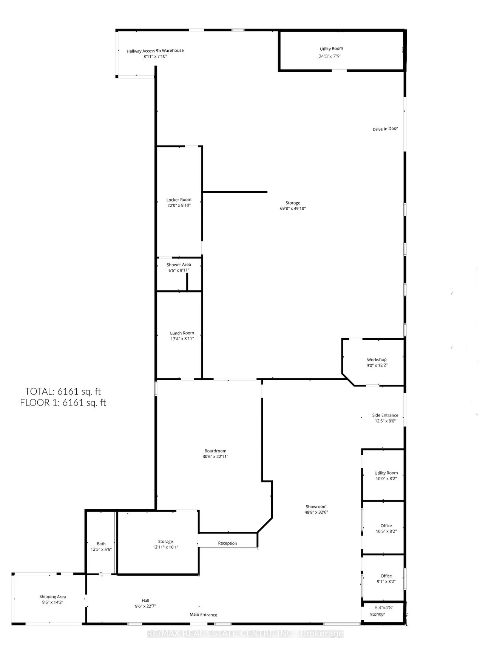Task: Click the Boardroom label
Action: pyautogui.click(x=215, y=451)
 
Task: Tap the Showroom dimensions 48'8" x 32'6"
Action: pyautogui.click(x=316, y=512)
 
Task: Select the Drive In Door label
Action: pyautogui.click(x=385, y=129)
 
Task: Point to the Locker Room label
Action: pyautogui.click(x=179, y=200)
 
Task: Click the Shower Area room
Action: pyautogui.click(x=179, y=274)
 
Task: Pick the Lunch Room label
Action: pyautogui.click(x=182, y=333)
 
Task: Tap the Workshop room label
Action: pyautogui.click(x=377, y=359)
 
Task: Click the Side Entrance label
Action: pyautogui.click(x=385, y=415)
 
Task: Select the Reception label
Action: pyautogui.click(x=227, y=543)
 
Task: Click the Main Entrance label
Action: pyautogui.click(x=203, y=615)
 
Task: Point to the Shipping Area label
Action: pyautogui.click(x=52, y=597)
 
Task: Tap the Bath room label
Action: pyautogui.click(x=101, y=544)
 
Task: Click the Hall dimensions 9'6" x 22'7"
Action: pyautogui.click(x=145, y=606)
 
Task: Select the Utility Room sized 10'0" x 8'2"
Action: pyautogui.click(x=383, y=475)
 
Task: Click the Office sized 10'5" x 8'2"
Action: pyautogui.click(x=383, y=528)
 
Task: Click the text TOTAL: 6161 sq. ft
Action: pyautogui.click(x=63, y=391)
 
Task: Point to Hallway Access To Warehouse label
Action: pyautogui.click(x=155, y=51)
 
